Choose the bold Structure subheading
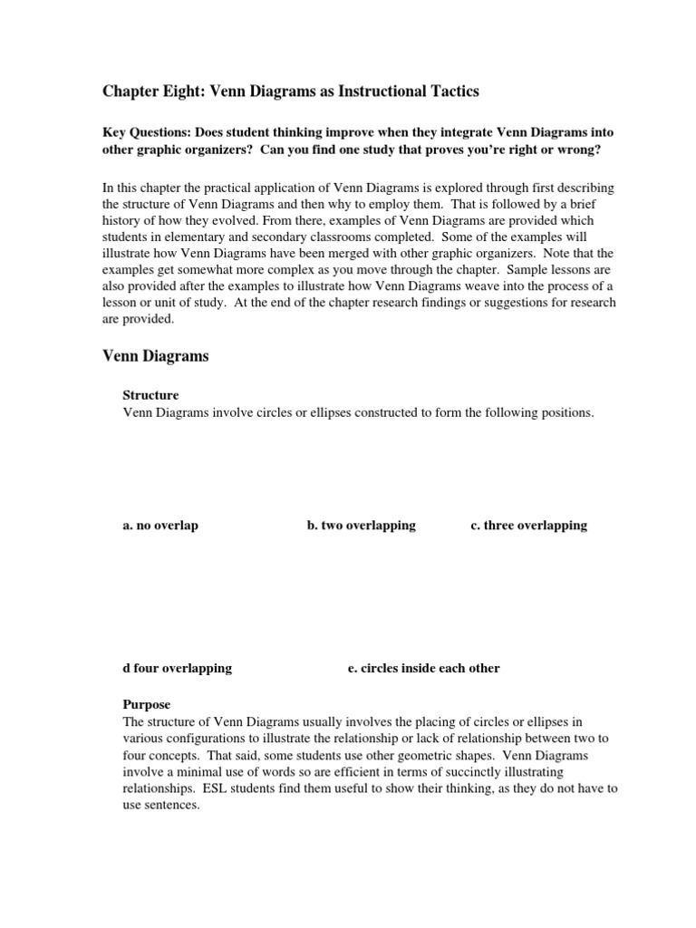click(150, 395)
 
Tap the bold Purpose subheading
click(146, 704)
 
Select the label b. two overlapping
click(362, 526)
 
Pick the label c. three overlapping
click(529, 526)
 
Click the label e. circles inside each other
click(423, 668)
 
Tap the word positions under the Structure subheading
click(565, 412)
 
